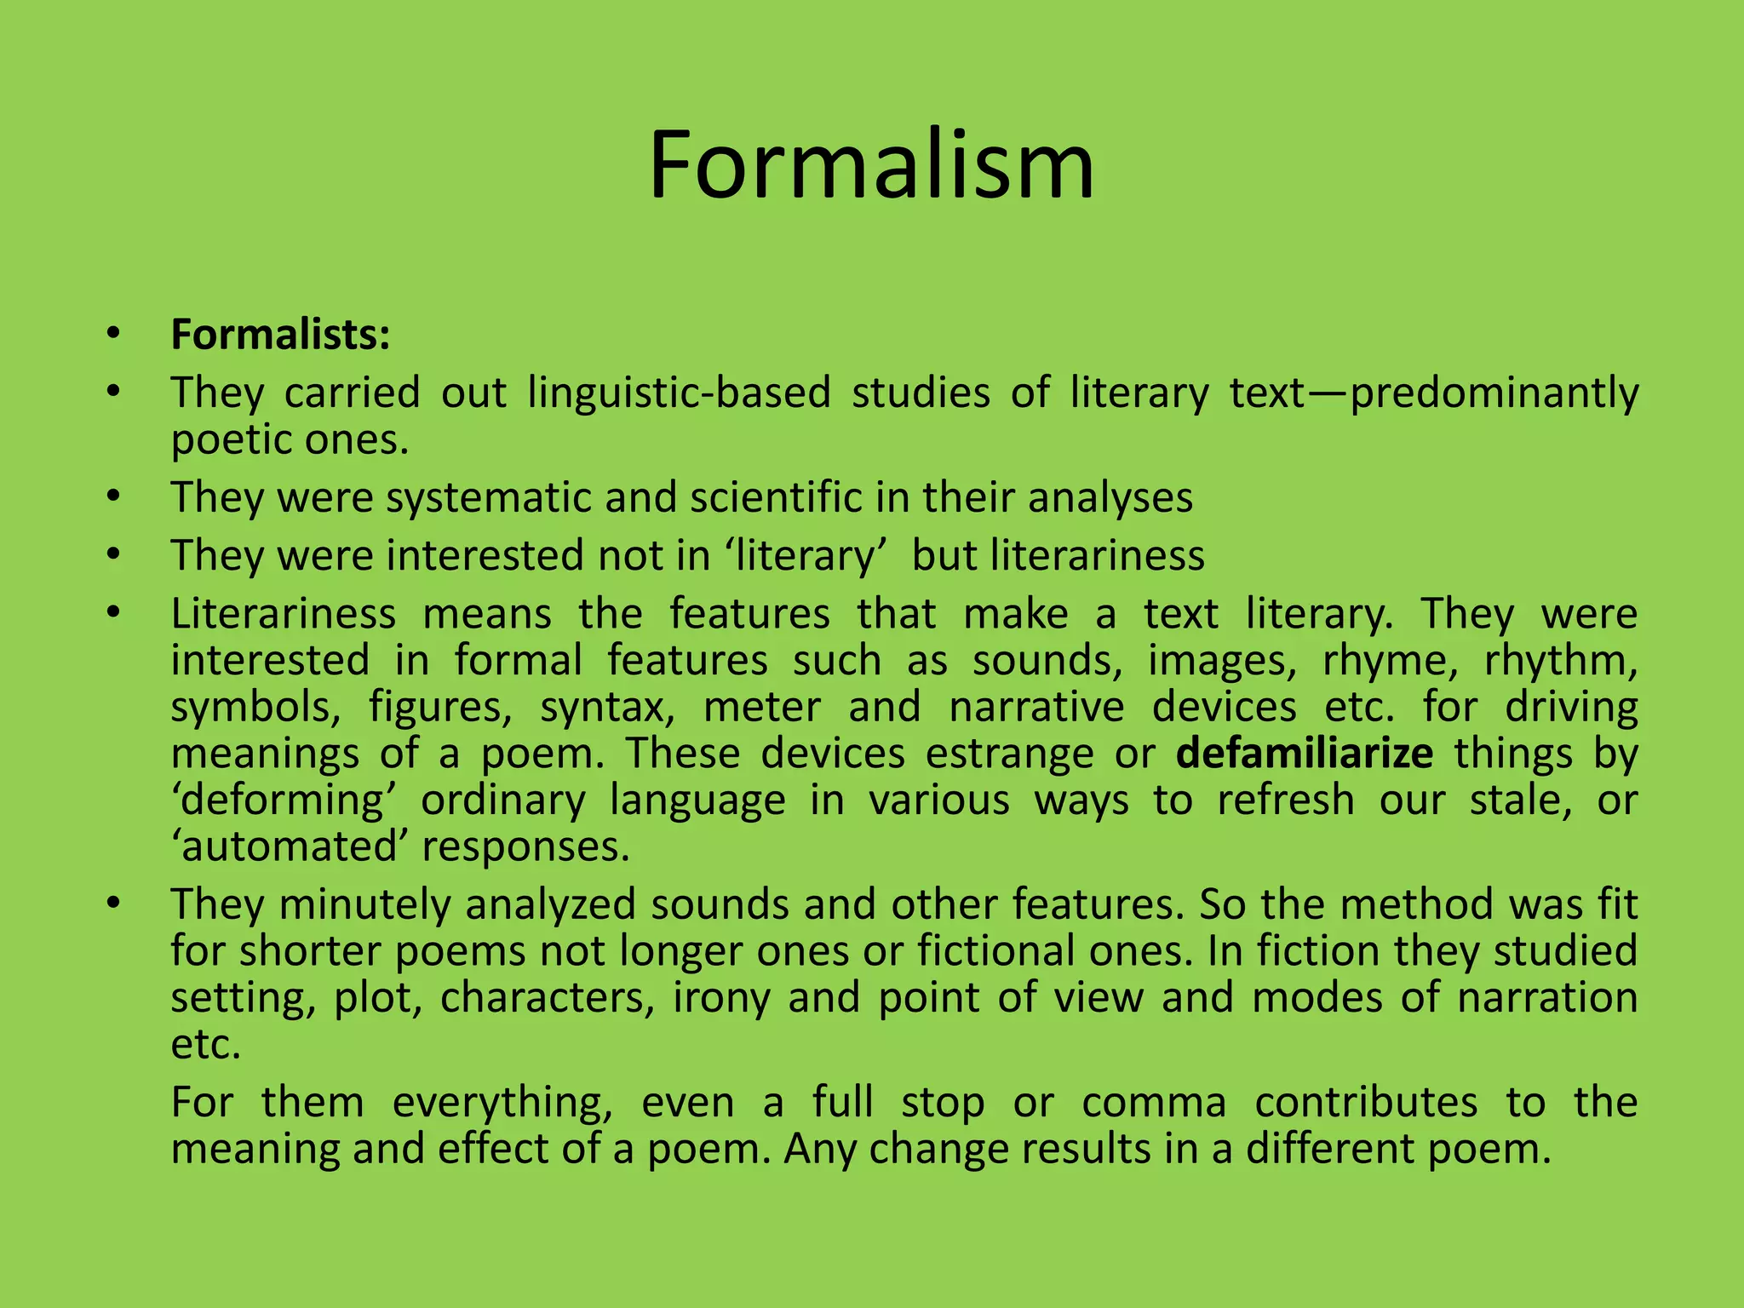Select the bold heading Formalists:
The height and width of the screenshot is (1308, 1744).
[x=280, y=335]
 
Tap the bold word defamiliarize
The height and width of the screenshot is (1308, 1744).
[x=1305, y=754]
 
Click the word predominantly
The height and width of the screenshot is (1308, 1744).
[x=1494, y=393]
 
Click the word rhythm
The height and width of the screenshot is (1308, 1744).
[x=1560, y=661]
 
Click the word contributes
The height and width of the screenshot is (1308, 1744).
[x=1366, y=1103]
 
